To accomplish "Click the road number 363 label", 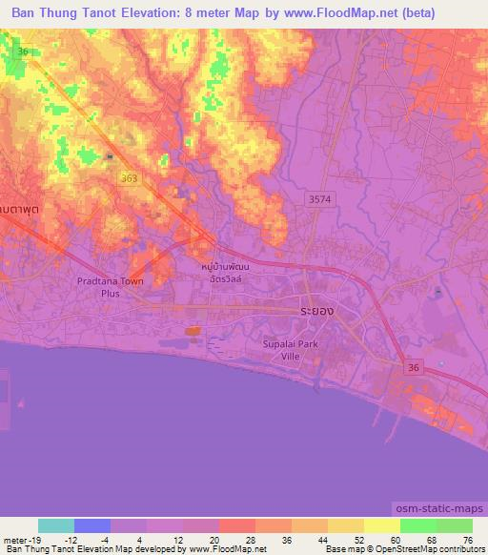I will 128,177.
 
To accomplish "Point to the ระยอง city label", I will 315,312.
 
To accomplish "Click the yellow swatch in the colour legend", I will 381,525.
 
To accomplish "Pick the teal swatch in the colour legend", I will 56,525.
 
